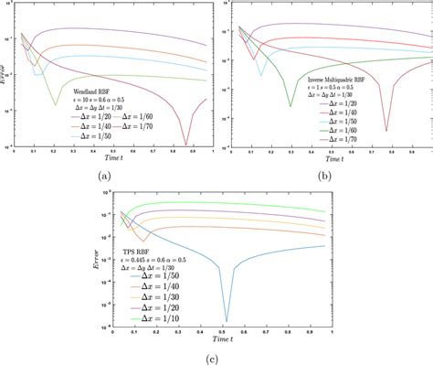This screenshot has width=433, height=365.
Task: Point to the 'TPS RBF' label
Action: [138, 261]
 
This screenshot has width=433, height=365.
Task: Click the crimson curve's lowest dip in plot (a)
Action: [186, 144]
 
